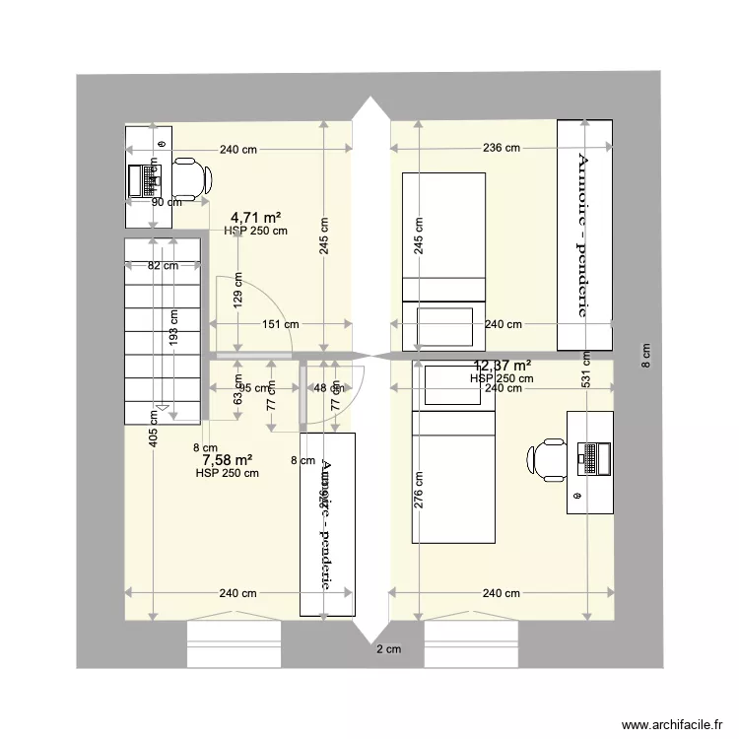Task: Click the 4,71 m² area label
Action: tap(256, 217)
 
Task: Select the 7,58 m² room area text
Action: tap(228, 459)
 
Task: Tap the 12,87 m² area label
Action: tap(502, 366)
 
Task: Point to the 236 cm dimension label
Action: tap(502, 149)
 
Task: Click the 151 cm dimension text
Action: tap(279, 323)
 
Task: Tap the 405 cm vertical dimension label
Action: tap(154, 429)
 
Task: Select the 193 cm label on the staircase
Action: tap(174, 326)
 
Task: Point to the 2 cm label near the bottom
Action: tap(388, 649)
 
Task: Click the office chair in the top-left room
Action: tap(191, 178)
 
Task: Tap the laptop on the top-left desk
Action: tap(144, 179)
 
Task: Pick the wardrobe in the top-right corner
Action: tap(585, 235)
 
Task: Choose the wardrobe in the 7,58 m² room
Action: tap(327, 524)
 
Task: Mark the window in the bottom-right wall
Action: tap(471, 644)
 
